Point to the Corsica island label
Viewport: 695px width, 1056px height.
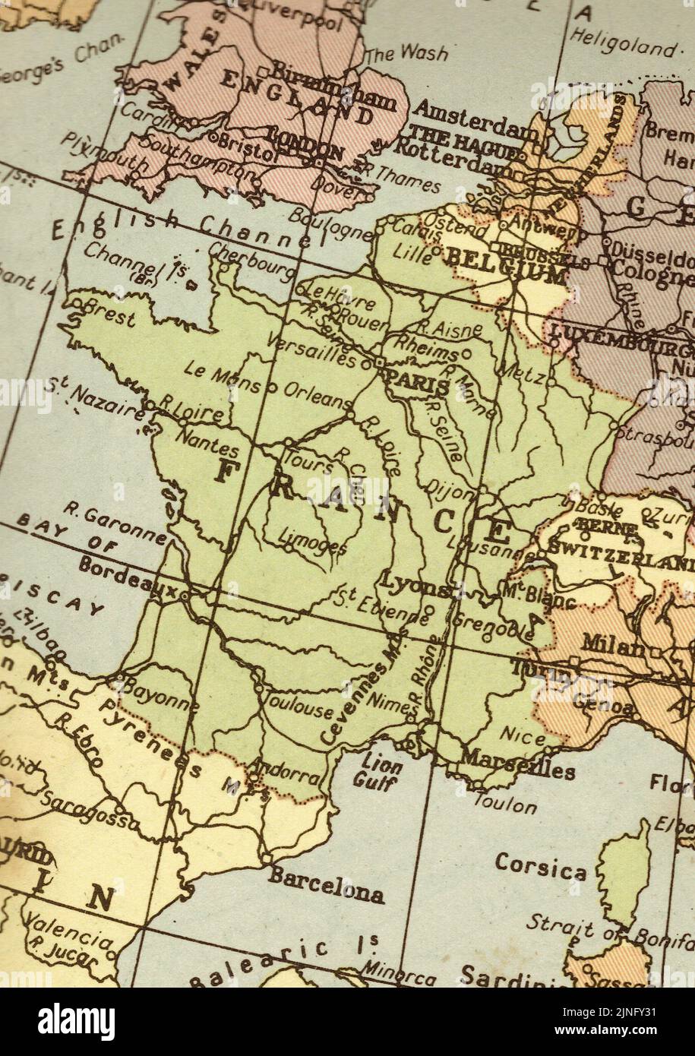point(540,866)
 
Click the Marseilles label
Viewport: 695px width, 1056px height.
point(518,764)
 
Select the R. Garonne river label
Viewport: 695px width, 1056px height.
point(114,525)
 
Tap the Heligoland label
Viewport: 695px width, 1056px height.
point(622,42)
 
